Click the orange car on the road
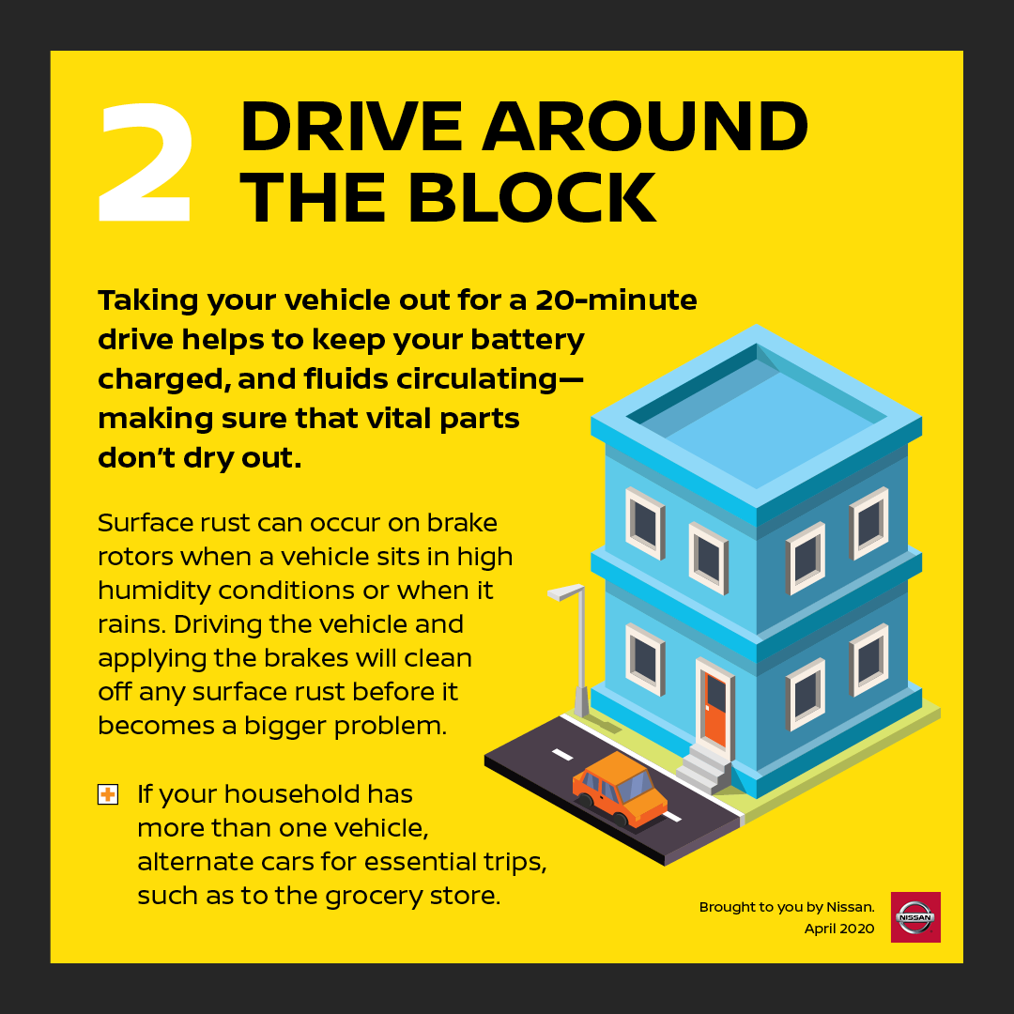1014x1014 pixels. point(619,790)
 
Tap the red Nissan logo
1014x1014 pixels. point(915,917)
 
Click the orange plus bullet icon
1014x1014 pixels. point(108,794)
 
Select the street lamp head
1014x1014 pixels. point(566,591)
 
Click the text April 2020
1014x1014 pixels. point(838,929)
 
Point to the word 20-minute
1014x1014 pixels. point(616,300)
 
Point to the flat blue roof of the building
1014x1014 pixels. point(756,423)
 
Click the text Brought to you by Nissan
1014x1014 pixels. point(787,907)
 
